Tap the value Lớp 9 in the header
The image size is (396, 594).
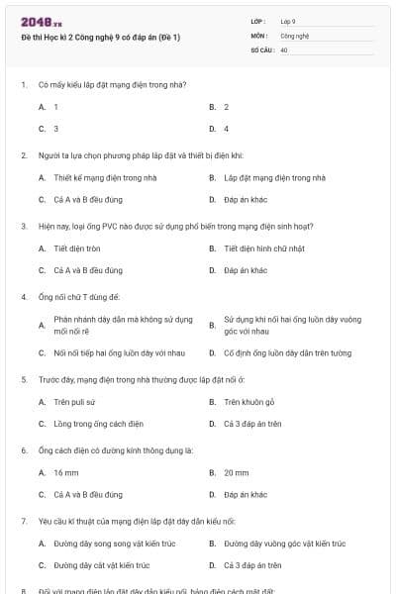click(288, 21)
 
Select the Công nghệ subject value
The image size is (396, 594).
click(295, 35)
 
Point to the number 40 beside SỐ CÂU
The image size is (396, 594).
click(284, 49)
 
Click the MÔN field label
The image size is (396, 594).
click(258, 35)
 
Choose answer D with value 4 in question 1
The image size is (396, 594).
click(226, 129)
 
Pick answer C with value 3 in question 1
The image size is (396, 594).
click(55, 129)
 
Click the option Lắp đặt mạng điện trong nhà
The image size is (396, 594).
click(274, 178)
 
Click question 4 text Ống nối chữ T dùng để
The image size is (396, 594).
click(79, 297)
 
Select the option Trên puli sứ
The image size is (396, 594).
click(74, 402)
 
